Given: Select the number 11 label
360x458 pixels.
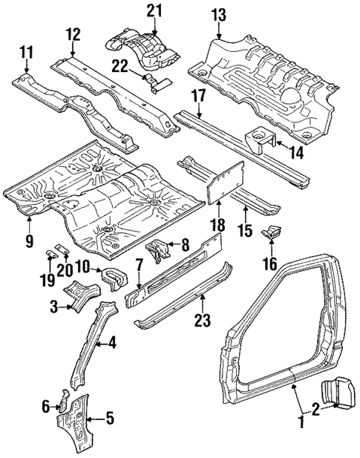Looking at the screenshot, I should coord(27,51).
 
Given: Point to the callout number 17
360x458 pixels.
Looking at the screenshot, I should coord(197,95).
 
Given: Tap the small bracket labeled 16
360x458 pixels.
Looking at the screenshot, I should coord(272,232).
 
